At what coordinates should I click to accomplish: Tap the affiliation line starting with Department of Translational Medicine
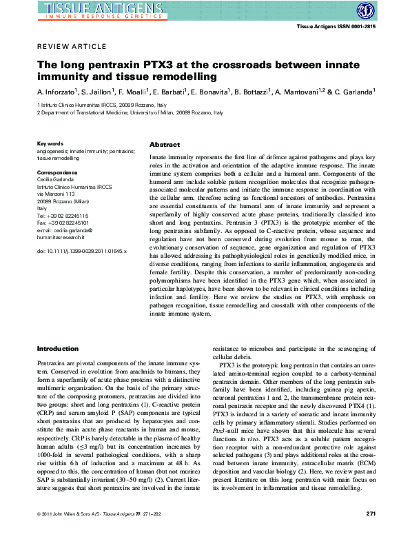click(x=131, y=112)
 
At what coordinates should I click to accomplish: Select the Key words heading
click(x=50, y=143)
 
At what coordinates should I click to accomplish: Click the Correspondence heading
click(x=57, y=169)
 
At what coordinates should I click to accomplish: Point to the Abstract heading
click(x=165, y=145)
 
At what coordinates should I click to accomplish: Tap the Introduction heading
click(x=57, y=349)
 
